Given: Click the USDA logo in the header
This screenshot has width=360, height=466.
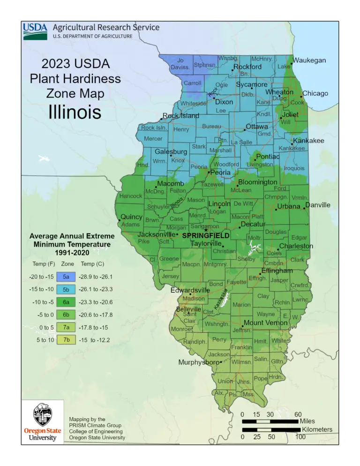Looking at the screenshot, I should click(x=35, y=31).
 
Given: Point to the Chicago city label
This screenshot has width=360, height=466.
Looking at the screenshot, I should click(x=315, y=93).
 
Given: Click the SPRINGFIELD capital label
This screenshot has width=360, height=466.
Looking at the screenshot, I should click(x=205, y=235).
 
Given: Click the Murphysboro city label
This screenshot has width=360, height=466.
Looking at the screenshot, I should click(x=199, y=362).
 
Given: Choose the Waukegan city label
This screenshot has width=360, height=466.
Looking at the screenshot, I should click(x=309, y=60).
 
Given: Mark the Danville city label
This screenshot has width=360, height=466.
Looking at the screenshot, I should click(x=317, y=205).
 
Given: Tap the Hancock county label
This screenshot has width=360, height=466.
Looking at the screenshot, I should click(x=131, y=196).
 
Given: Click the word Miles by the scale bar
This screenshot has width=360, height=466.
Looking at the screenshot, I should click(x=307, y=421).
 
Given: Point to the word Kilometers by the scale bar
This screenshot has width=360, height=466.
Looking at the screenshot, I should click(x=317, y=429).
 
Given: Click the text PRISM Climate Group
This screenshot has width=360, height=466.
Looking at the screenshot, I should click(x=96, y=425).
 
